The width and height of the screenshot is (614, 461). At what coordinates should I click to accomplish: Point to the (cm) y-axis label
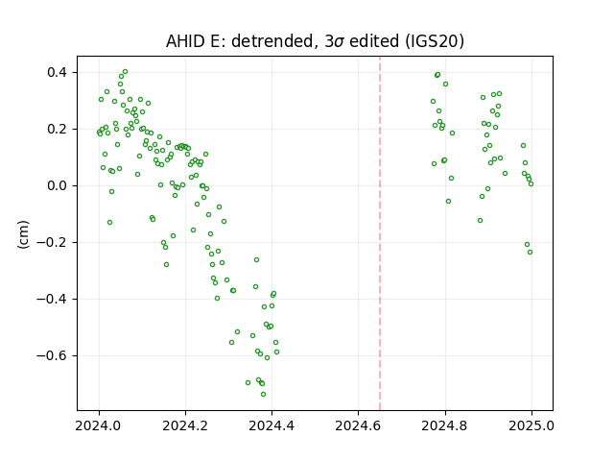(x=23, y=234)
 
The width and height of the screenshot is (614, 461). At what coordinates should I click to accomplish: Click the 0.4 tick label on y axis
(x=58, y=73)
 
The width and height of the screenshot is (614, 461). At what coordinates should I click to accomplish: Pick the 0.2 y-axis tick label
(x=58, y=129)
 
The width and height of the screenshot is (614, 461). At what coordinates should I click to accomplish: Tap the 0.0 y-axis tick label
(x=58, y=185)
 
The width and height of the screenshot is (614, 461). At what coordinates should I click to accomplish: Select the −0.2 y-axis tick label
(x=53, y=242)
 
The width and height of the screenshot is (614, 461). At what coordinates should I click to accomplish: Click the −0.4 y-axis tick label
(x=53, y=299)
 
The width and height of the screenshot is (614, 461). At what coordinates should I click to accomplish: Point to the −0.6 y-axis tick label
(x=53, y=355)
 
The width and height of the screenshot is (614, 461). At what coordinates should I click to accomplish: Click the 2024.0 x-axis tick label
(x=99, y=425)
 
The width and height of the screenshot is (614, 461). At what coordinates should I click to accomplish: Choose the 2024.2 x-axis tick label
(x=185, y=425)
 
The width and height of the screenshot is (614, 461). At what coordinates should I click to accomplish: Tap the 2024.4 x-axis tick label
(x=272, y=425)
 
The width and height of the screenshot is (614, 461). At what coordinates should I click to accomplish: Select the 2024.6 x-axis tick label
(x=358, y=425)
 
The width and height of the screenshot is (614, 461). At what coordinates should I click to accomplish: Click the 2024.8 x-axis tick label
(x=445, y=425)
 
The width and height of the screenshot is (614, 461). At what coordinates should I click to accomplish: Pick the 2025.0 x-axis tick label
(x=531, y=425)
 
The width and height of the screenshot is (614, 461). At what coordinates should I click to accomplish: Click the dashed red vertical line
(x=380, y=233)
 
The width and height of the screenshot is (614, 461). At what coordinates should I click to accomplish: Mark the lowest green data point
(x=263, y=394)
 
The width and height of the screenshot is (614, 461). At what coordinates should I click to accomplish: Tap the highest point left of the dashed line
(x=125, y=72)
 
